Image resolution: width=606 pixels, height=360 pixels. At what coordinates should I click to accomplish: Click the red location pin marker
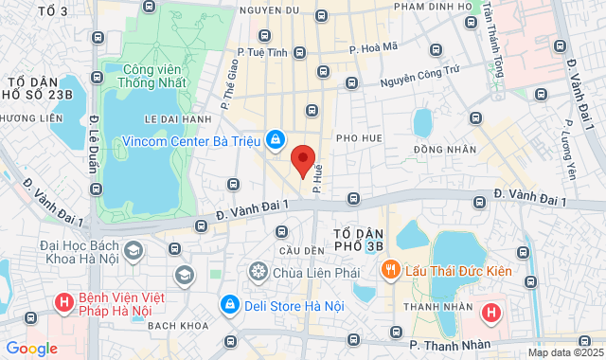[302, 159]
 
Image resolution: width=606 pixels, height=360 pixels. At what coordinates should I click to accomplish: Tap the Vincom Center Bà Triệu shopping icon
[275, 139]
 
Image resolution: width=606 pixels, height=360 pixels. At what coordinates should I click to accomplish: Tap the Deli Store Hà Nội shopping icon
[229, 304]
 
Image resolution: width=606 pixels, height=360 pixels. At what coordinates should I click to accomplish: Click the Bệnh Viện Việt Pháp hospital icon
[63, 303]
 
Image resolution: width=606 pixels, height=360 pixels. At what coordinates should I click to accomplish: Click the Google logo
[30, 349]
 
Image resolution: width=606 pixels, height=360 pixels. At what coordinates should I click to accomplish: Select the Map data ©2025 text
[564, 352]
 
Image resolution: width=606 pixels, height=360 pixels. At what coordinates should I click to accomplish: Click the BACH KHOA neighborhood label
[170, 325]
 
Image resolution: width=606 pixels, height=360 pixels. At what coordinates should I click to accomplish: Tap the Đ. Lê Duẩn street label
[96, 142]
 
